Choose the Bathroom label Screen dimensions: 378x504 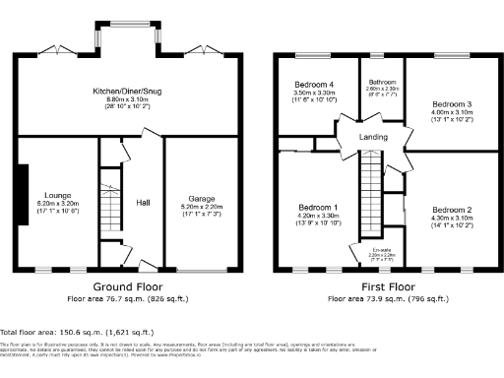[x=381, y=82]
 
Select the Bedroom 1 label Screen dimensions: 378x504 [x=317, y=207]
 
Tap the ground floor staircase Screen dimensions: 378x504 [x=110, y=207]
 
